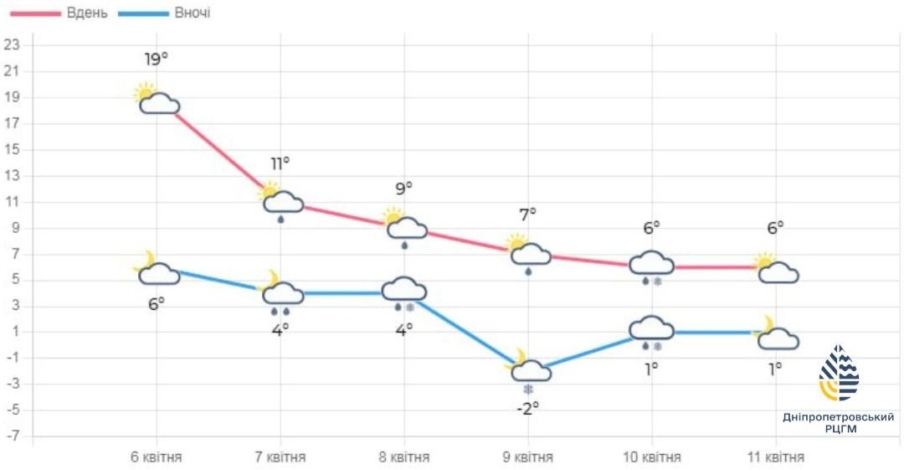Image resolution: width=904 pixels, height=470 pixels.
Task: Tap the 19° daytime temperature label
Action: [x=157, y=59]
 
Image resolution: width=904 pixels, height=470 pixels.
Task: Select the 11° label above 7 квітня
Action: [x=280, y=163]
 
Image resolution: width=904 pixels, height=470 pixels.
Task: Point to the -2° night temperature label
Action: [x=527, y=408]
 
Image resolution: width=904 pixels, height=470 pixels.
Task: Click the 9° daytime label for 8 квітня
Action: [x=403, y=189]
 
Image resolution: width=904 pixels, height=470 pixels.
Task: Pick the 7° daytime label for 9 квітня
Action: [x=527, y=214]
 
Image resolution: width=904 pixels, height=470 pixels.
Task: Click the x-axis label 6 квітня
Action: [x=157, y=457]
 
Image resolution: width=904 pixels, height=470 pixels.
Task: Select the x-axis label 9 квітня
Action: [x=527, y=457]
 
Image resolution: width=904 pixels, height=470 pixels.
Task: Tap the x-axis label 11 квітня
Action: [x=775, y=457]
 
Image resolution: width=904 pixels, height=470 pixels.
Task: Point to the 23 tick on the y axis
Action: [x=11, y=45]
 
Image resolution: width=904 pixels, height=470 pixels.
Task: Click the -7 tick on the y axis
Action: [x=11, y=436]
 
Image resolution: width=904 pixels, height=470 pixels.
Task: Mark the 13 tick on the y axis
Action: [x=11, y=176]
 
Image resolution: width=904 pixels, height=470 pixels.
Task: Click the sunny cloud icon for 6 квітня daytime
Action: [x=157, y=100]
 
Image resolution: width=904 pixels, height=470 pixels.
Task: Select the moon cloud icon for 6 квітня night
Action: [x=157, y=270]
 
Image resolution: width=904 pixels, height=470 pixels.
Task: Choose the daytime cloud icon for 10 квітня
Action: [x=651, y=263]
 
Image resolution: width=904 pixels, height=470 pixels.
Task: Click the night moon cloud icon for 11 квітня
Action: [x=777, y=335]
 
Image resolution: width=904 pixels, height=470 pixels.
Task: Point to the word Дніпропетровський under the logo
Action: [x=839, y=416]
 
